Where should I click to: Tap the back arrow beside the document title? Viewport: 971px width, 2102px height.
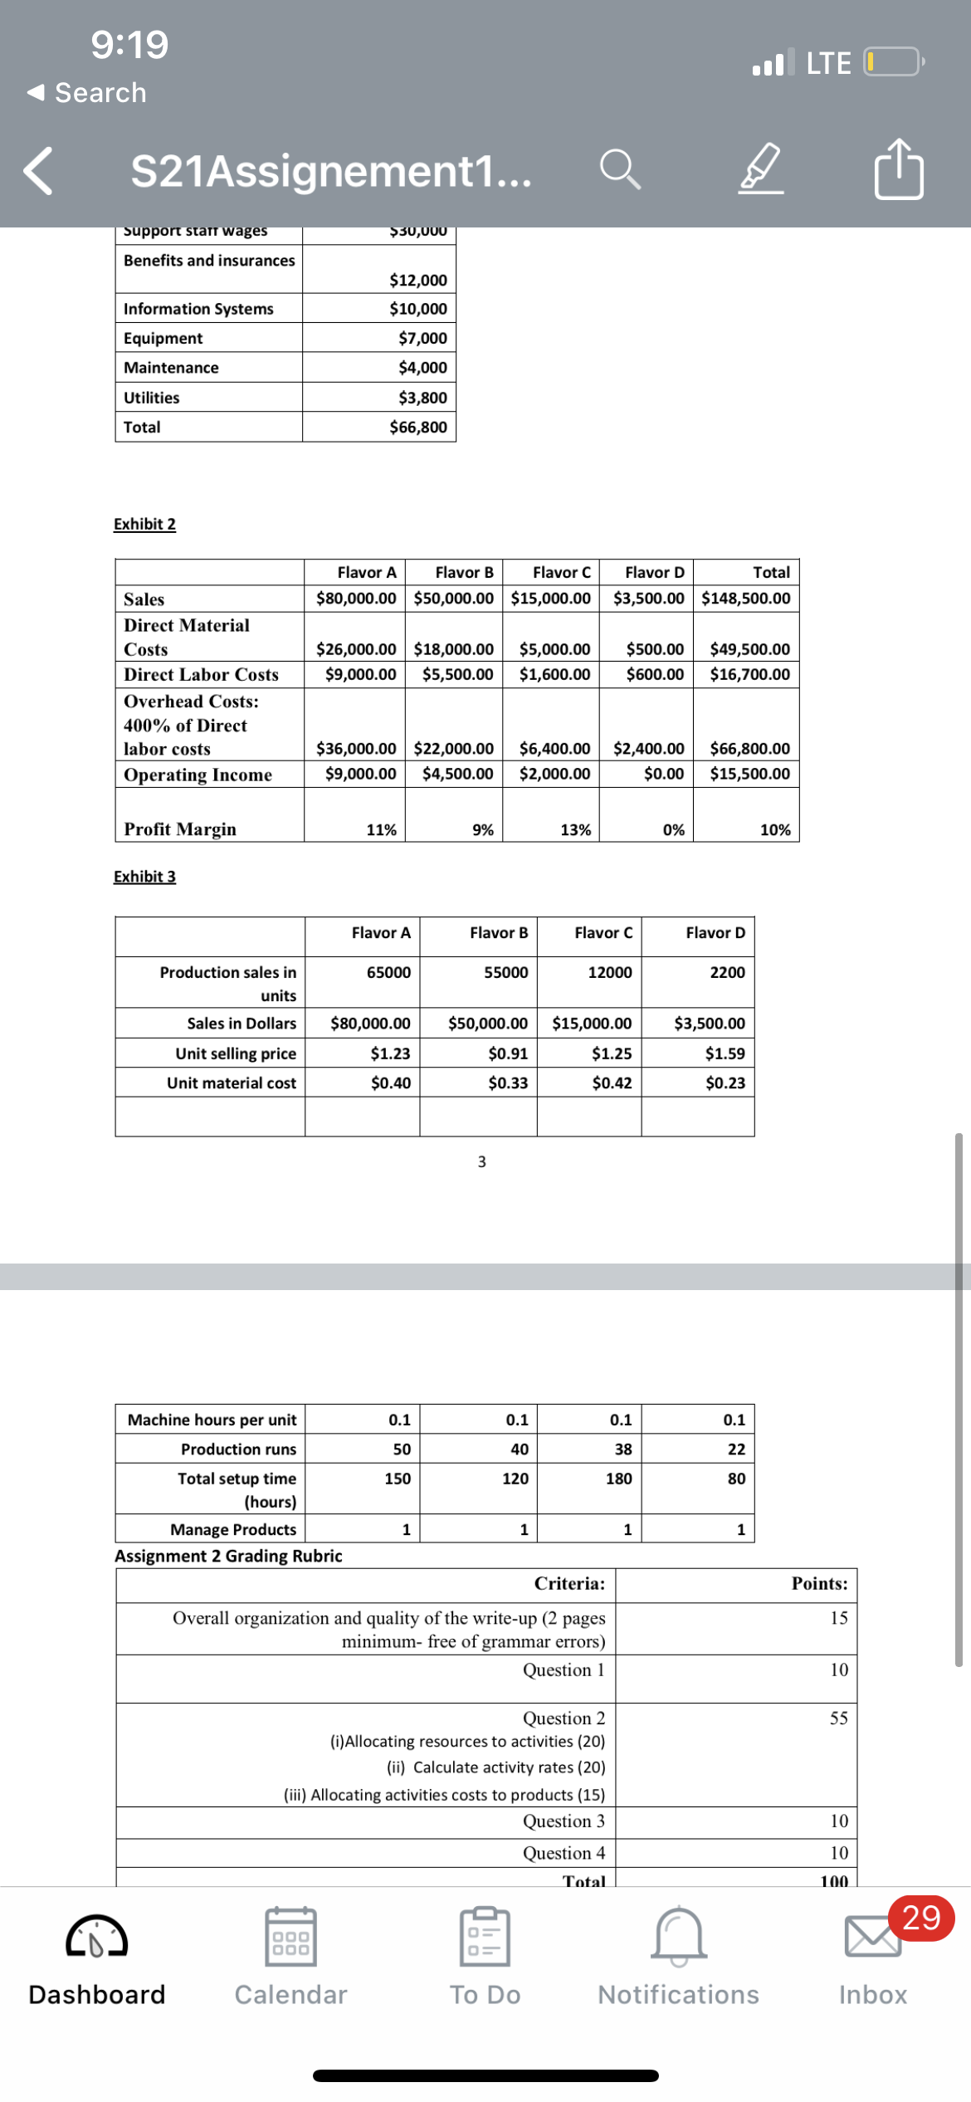point(39,171)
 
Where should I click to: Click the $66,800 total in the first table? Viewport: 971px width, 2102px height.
point(417,428)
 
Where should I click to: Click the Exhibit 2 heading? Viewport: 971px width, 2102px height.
point(144,524)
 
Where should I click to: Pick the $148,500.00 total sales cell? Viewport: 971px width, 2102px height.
point(745,599)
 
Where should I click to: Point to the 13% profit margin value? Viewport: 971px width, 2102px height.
point(575,829)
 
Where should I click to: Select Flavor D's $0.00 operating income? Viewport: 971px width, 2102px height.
point(663,774)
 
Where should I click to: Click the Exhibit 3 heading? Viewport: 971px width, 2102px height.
point(144,877)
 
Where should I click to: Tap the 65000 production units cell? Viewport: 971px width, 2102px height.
point(388,972)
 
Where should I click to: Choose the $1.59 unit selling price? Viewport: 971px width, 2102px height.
point(725,1053)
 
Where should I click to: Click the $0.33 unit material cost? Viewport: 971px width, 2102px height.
point(507,1083)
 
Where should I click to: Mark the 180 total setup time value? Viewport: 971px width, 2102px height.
point(618,1479)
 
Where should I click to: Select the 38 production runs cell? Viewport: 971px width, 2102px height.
point(622,1449)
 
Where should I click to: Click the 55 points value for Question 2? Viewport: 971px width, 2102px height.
point(838,1718)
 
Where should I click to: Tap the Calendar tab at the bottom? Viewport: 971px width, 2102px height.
point(290,1956)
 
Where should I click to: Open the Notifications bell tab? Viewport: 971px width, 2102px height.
point(678,1956)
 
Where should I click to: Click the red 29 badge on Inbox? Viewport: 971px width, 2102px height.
point(920,1918)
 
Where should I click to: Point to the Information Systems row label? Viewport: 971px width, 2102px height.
point(198,309)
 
